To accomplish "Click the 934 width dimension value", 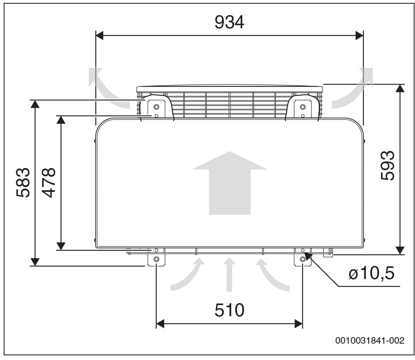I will click(229, 22).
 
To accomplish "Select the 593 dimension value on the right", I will click(387, 166).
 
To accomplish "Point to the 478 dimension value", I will click(49, 182).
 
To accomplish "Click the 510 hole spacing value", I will click(229, 310).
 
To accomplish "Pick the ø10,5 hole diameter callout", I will click(372, 273).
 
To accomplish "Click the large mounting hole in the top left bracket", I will click(156, 107).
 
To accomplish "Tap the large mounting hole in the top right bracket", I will click(302, 107).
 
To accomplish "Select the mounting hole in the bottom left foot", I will click(156, 259).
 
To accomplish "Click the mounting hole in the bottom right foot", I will click(302, 259).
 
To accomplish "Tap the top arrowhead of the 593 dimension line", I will click(400, 88).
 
